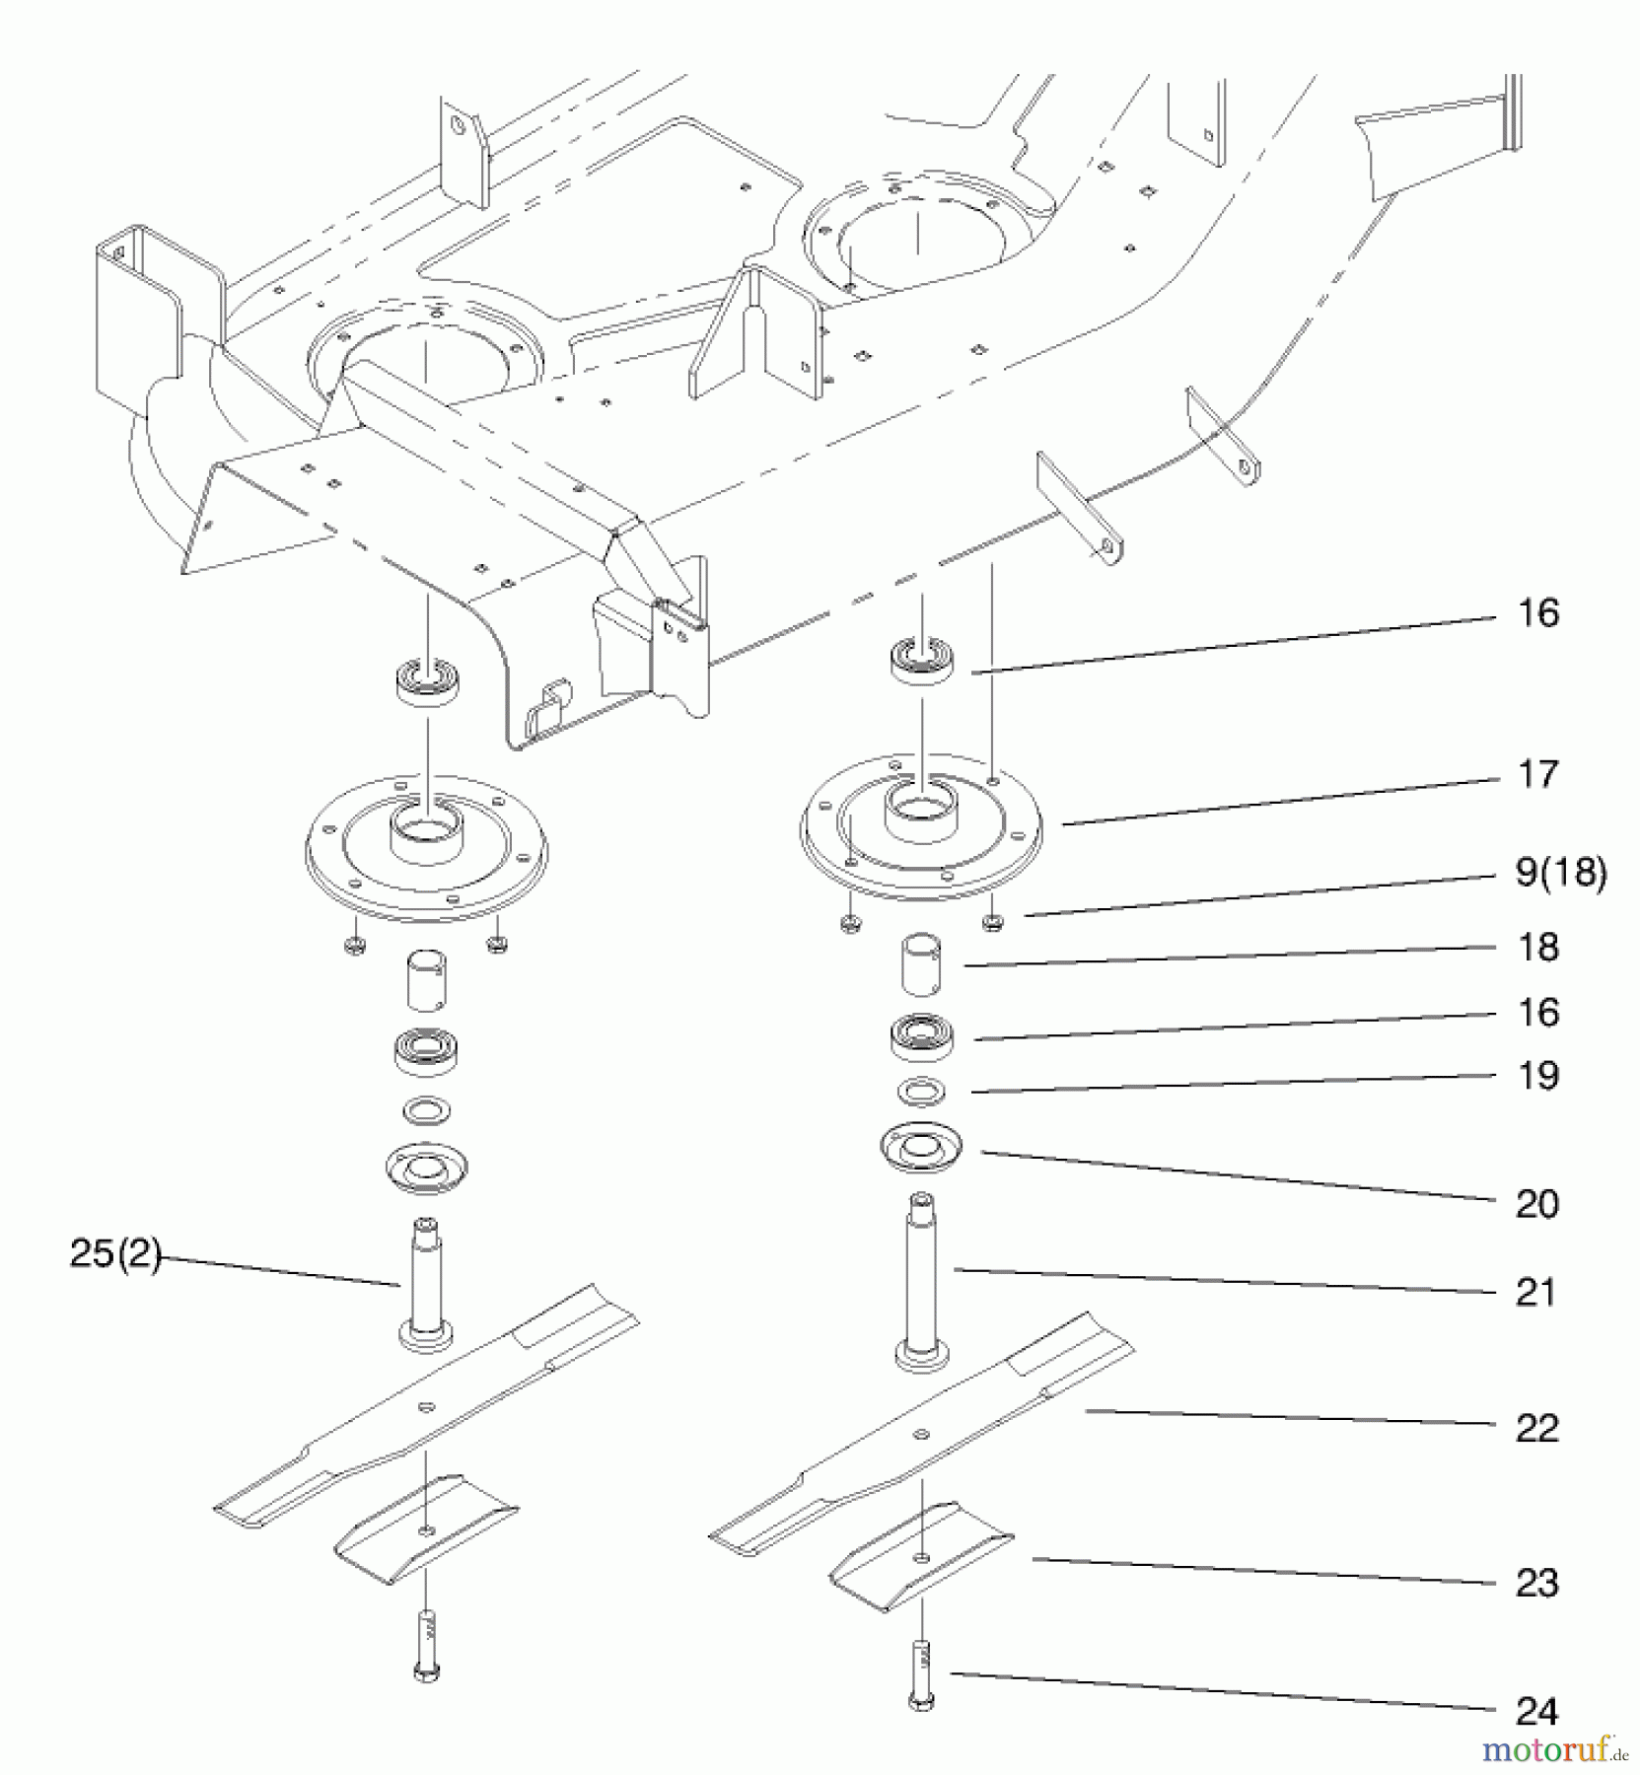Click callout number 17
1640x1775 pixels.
pyautogui.click(x=1537, y=775)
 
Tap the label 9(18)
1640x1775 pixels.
pyautogui.click(x=1560, y=872)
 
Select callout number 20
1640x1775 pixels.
pyautogui.click(x=1536, y=1203)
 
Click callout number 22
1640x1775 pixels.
pyautogui.click(x=1536, y=1427)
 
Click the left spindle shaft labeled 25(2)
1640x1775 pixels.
pyautogui.click(x=426, y=1282)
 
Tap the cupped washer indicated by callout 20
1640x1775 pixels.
pyautogui.click(x=921, y=1150)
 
